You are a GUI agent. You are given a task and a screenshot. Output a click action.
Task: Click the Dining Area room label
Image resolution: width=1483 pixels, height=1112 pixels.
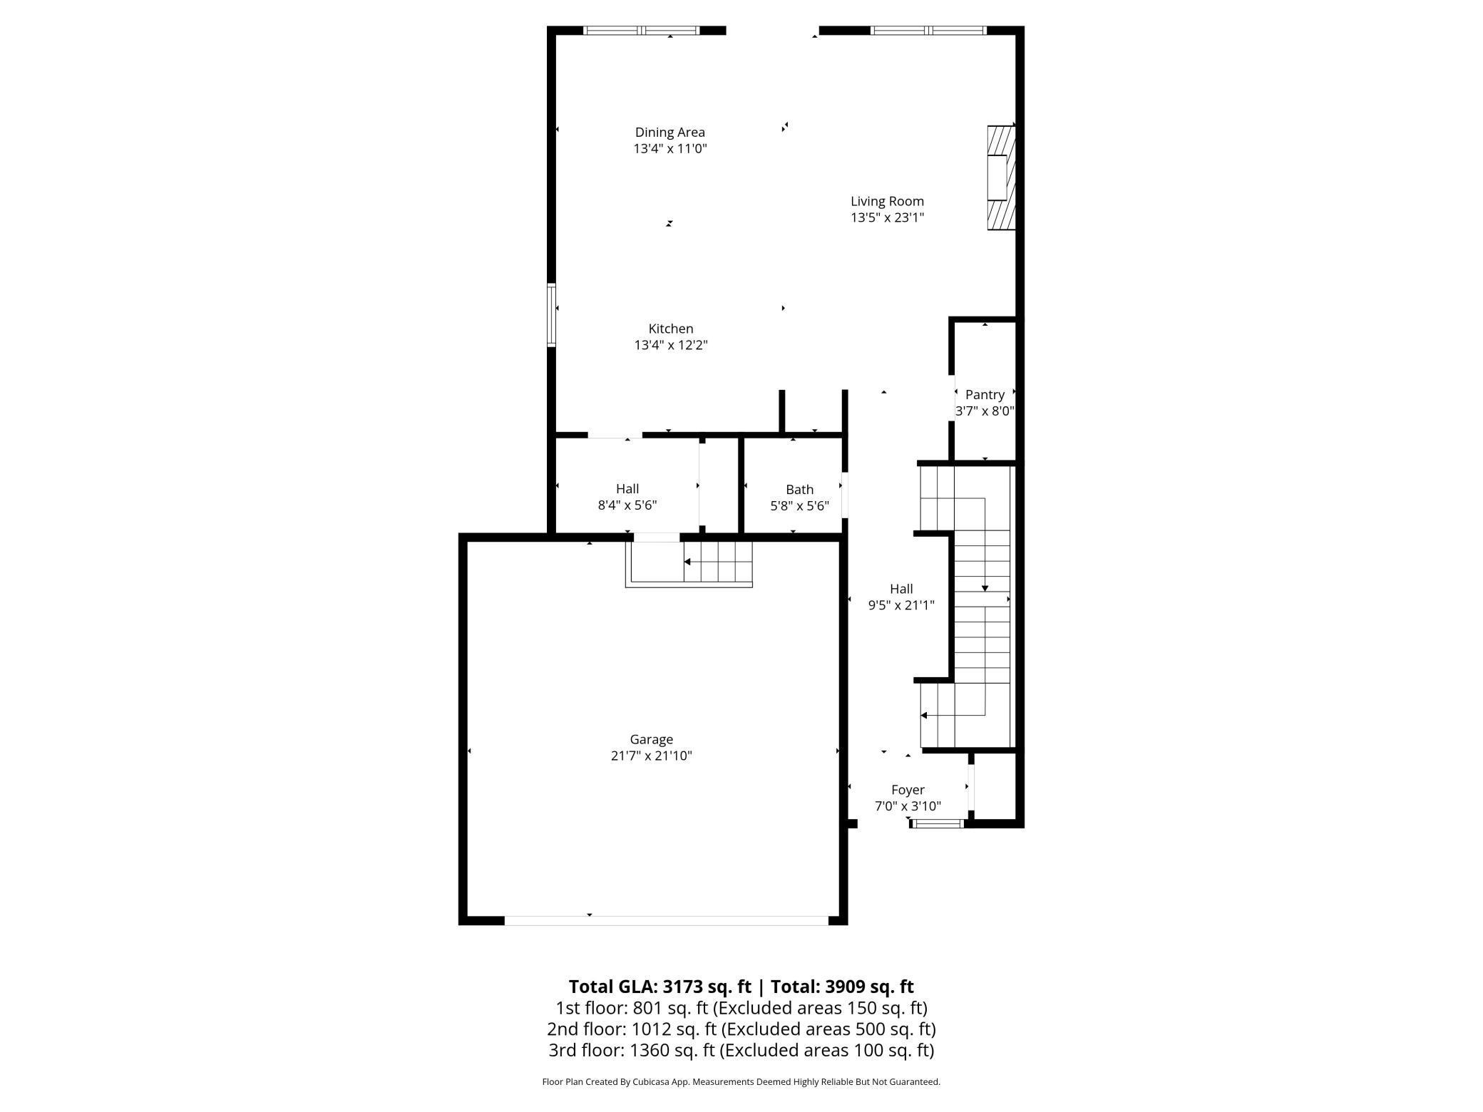[x=669, y=132]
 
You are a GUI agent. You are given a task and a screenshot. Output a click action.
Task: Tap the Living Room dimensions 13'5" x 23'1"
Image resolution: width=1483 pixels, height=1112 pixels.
[x=887, y=217]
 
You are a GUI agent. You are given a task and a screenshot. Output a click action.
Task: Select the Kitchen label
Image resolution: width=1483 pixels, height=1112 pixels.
[x=670, y=329]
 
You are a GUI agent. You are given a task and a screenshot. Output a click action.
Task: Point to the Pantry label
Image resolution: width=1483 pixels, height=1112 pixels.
[x=985, y=394]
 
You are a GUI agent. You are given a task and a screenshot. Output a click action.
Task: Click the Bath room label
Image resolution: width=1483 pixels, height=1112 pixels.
[x=799, y=489]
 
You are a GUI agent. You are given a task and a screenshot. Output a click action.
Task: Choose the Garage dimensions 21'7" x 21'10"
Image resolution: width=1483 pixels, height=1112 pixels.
[x=651, y=756]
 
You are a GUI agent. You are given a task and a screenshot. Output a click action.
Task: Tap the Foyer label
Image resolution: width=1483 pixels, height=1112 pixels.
[x=908, y=790]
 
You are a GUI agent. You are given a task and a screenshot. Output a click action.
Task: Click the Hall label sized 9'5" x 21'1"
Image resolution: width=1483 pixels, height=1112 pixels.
[x=900, y=589]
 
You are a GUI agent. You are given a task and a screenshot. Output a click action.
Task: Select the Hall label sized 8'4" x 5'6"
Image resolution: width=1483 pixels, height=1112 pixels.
[x=627, y=488]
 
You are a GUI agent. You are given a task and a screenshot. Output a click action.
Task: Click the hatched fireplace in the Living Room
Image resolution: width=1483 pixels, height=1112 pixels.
[x=1000, y=178]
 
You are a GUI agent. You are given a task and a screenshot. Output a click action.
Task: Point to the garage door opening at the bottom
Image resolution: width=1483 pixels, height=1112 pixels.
[x=666, y=920]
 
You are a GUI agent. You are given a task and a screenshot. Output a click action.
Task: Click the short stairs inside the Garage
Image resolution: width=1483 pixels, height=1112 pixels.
[x=717, y=562]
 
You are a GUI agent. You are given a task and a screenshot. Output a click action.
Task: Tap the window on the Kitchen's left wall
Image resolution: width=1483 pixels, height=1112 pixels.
[x=551, y=315]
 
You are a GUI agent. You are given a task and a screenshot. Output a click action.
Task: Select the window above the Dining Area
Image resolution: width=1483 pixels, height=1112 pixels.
[x=641, y=31]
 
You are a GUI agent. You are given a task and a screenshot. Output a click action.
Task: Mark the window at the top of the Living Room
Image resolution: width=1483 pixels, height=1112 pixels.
[x=928, y=31]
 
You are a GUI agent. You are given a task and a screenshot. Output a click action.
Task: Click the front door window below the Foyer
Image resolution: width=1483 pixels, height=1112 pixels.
[x=938, y=824]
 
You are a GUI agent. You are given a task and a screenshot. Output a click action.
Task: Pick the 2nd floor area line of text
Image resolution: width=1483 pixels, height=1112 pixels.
[x=741, y=1029]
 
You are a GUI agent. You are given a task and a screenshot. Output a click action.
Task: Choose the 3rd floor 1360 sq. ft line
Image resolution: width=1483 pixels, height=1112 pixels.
[x=741, y=1050]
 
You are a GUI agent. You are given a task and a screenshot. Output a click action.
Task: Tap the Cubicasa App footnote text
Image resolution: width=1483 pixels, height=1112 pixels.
[x=741, y=1081]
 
